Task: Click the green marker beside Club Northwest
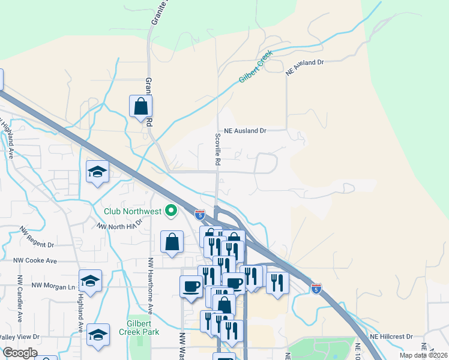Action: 171,211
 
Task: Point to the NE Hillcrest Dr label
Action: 393,337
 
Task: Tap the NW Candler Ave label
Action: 20,298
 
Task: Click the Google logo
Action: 19,353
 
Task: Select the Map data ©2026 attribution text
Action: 423,355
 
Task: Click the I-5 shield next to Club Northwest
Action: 200,214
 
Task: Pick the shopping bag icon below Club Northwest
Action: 172,242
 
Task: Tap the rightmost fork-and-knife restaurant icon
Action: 277,283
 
